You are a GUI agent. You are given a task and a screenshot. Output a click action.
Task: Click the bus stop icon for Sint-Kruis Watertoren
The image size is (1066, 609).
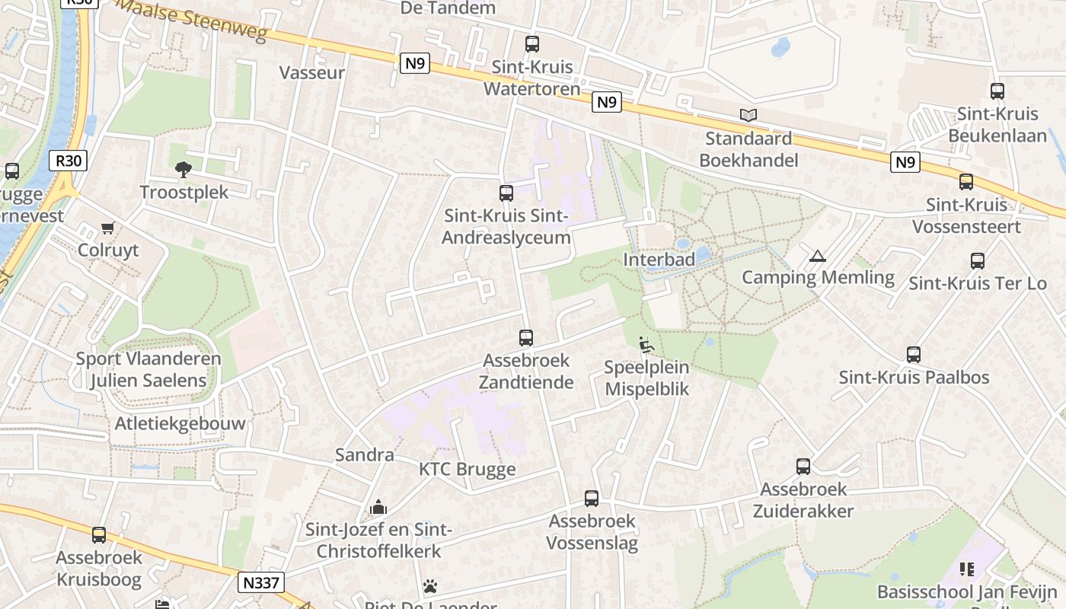[x=531, y=44]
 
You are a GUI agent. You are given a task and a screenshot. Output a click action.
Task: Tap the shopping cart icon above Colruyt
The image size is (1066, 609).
[x=108, y=228]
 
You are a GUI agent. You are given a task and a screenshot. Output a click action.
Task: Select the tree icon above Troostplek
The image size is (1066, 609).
[x=183, y=169]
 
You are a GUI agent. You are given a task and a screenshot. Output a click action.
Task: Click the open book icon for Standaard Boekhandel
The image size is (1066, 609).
[x=748, y=116]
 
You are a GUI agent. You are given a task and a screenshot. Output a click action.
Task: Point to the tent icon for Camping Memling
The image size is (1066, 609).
[x=818, y=257]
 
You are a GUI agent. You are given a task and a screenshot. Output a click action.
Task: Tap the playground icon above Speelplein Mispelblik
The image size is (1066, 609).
[x=646, y=345]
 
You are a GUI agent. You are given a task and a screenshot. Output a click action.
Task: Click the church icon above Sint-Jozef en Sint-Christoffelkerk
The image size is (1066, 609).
[x=378, y=507]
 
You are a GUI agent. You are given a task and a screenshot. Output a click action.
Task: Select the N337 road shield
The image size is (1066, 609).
[x=261, y=583]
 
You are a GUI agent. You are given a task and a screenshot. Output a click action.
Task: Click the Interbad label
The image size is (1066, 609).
[x=659, y=260]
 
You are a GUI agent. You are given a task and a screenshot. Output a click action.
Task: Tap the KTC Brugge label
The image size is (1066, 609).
[x=467, y=469]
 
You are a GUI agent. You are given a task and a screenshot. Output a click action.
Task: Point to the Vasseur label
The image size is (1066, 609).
[x=312, y=73]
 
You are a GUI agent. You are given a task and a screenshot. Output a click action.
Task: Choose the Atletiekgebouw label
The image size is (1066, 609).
[x=180, y=424]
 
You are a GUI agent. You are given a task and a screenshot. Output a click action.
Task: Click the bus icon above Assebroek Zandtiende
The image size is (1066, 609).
[x=525, y=337]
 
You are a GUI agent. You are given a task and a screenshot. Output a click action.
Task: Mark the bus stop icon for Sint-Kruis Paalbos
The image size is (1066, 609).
[x=914, y=355]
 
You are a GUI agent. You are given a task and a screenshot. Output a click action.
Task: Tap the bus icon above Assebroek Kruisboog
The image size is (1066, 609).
[x=99, y=535]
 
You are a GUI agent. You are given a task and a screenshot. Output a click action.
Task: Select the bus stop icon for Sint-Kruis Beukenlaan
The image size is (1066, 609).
[x=997, y=91]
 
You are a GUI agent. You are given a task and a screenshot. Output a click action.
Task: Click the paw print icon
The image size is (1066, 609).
[x=430, y=586]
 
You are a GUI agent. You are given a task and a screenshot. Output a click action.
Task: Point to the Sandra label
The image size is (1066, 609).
[x=365, y=455]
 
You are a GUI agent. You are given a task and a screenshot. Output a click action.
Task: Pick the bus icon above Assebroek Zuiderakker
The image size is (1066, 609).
[x=803, y=467]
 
